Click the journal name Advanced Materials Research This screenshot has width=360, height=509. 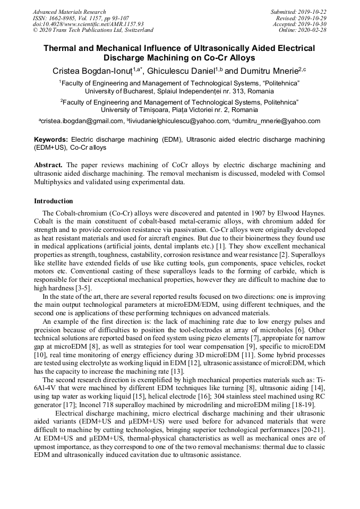click(x=69, y=12)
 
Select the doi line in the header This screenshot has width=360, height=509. click(x=88, y=24)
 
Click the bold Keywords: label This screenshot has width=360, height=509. click(x=51, y=139)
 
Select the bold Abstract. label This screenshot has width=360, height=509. click(x=49, y=165)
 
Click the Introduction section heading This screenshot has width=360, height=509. click(x=53, y=201)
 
